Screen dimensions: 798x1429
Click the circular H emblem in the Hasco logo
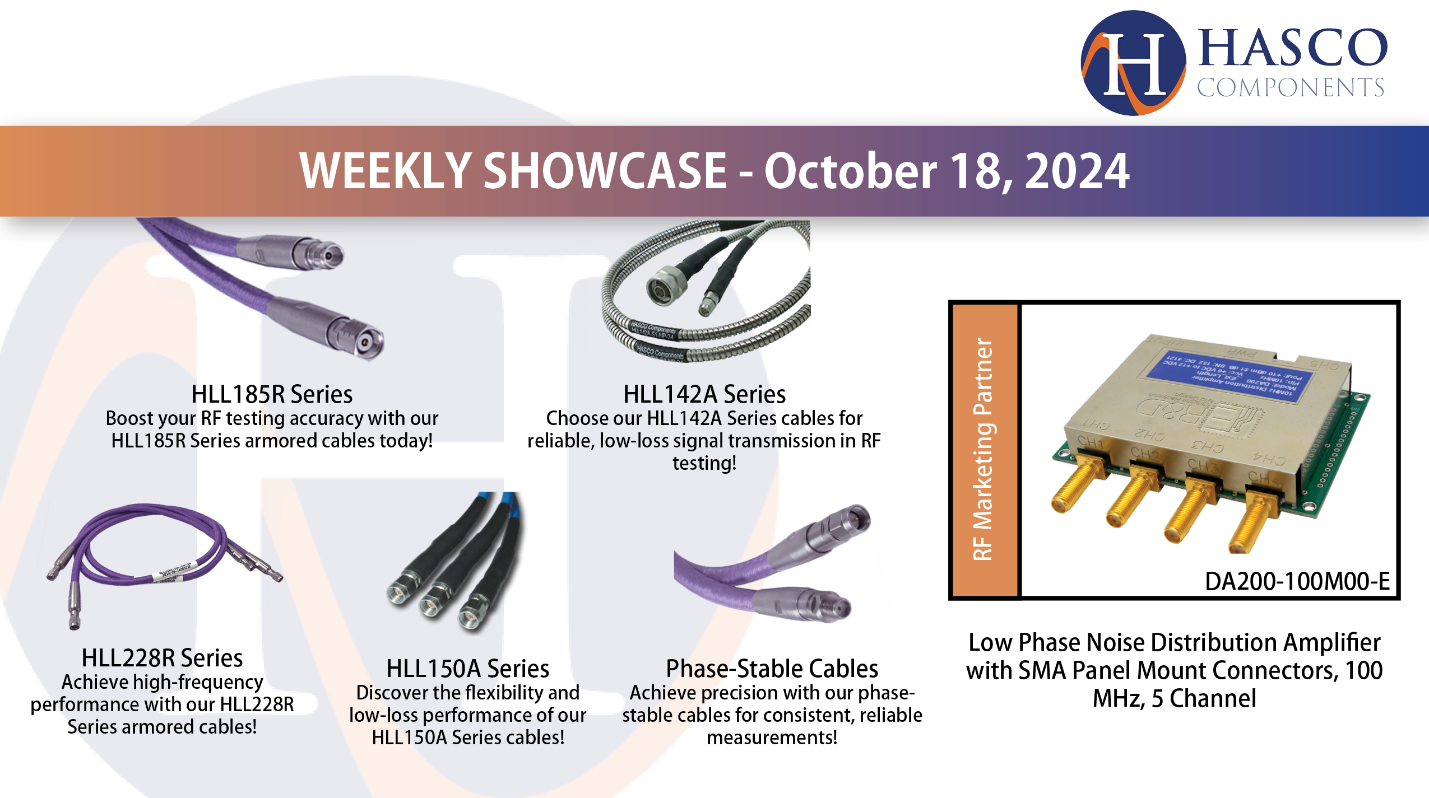[1133, 63]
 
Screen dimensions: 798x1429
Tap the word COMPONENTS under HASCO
[1290, 88]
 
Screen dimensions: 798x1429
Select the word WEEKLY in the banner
[386, 171]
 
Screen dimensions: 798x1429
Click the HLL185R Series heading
[272, 394]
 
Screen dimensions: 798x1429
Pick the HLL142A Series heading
[704, 394]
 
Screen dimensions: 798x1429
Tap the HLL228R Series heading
[162, 658]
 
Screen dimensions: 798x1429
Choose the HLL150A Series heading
[467, 669]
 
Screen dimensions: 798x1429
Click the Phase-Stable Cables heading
[772, 669]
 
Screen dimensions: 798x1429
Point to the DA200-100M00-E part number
[1297, 581]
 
